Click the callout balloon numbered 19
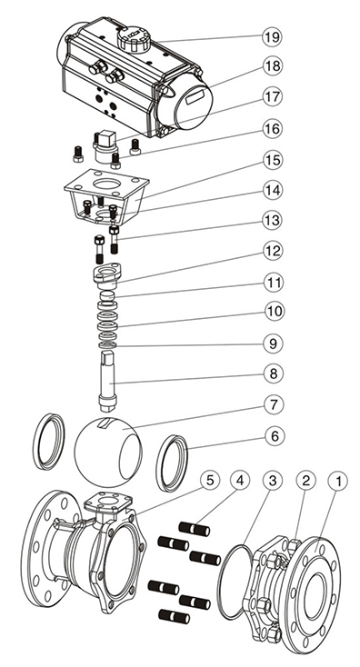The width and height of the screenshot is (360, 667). tap(272, 36)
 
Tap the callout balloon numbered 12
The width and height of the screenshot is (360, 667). tap(272, 252)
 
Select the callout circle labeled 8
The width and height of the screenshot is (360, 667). tap(273, 373)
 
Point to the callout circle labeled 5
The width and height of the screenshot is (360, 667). tap(209, 481)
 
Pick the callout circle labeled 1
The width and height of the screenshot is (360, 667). tap(338, 481)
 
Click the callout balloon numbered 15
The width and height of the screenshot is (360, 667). tap(272, 160)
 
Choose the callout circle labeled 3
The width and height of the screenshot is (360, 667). tap(273, 481)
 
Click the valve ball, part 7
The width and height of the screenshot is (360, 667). tap(107, 452)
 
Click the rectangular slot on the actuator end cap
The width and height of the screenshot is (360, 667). tap(195, 97)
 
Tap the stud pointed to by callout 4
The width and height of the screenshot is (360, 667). tap(194, 529)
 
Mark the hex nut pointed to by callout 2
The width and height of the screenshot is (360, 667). tap(295, 547)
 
